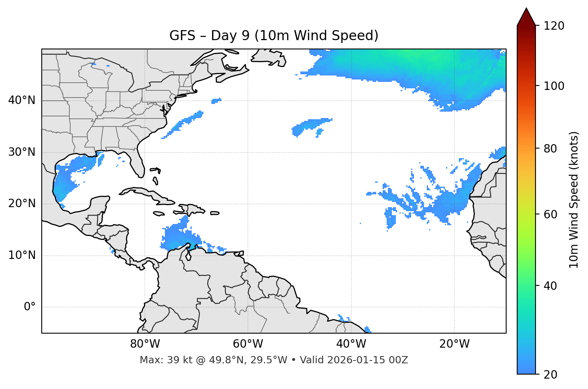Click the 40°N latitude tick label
click(x=22, y=100)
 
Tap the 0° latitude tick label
click(x=30, y=307)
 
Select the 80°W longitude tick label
click(x=145, y=344)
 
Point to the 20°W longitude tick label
click(x=454, y=344)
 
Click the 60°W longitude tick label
click(x=248, y=344)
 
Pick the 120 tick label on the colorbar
click(x=554, y=26)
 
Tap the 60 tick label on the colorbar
click(x=550, y=214)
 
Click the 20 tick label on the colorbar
click(x=550, y=375)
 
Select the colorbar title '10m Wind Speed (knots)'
click(x=574, y=200)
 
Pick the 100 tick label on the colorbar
click(x=554, y=86)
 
